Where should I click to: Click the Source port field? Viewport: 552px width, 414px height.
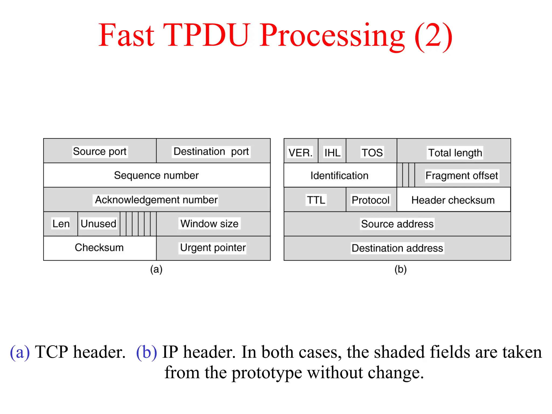coord(100,151)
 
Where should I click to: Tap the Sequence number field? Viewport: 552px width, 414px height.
coord(156,175)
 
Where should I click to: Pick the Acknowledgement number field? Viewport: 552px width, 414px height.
coord(156,200)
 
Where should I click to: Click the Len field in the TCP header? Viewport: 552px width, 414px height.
coord(61,224)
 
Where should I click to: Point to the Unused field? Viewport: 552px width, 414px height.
coord(98,224)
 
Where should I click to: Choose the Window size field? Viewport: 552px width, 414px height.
coord(209,224)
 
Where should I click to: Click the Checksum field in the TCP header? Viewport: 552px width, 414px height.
coord(99,247)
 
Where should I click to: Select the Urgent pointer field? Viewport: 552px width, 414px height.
coord(213,247)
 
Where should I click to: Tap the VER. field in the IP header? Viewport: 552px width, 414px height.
coord(301,153)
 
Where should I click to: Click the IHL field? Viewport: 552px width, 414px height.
coord(332,153)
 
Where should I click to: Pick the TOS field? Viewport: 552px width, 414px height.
coord(372,153)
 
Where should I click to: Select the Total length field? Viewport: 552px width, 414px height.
coord(455,153)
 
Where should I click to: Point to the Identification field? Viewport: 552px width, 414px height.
coord(339,175)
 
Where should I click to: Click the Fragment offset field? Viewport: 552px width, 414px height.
coord(461,175)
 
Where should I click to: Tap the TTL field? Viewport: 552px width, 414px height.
coord(316,200)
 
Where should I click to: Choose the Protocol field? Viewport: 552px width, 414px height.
coord(371,200)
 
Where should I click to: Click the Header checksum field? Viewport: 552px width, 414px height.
coord(453,200)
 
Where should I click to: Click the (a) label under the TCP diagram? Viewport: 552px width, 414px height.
coord(156,269)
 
